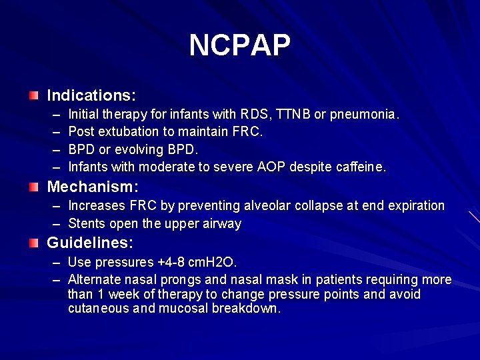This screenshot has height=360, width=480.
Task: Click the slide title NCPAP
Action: [240, 45]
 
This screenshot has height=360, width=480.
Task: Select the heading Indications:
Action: [91, 95]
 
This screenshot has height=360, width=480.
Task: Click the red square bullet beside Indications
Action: [34, 95]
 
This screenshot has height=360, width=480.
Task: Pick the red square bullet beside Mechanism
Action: [34, 187]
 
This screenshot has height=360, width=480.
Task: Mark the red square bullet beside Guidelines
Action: [34, 244]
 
